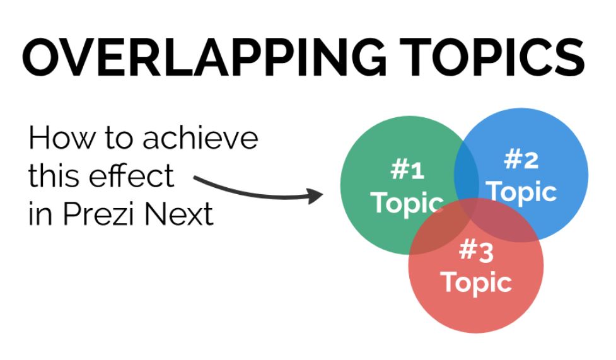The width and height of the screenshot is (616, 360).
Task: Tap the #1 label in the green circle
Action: coord(407,170)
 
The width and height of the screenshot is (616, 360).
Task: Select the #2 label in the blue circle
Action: coord(522,161)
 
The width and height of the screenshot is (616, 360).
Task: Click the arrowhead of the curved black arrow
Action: coord(315,196)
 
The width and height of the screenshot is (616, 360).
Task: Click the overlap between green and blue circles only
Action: coord(467,167)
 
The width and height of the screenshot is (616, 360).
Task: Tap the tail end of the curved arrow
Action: coord(197,180)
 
